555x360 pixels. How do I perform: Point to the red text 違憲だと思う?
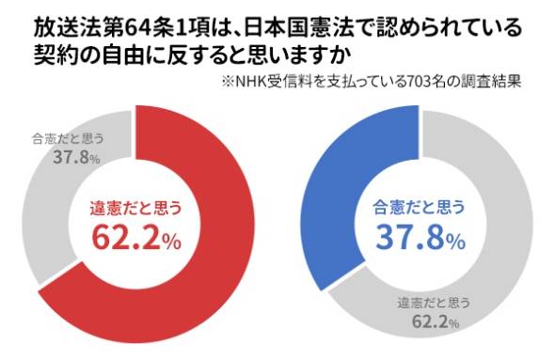(135, 208)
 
